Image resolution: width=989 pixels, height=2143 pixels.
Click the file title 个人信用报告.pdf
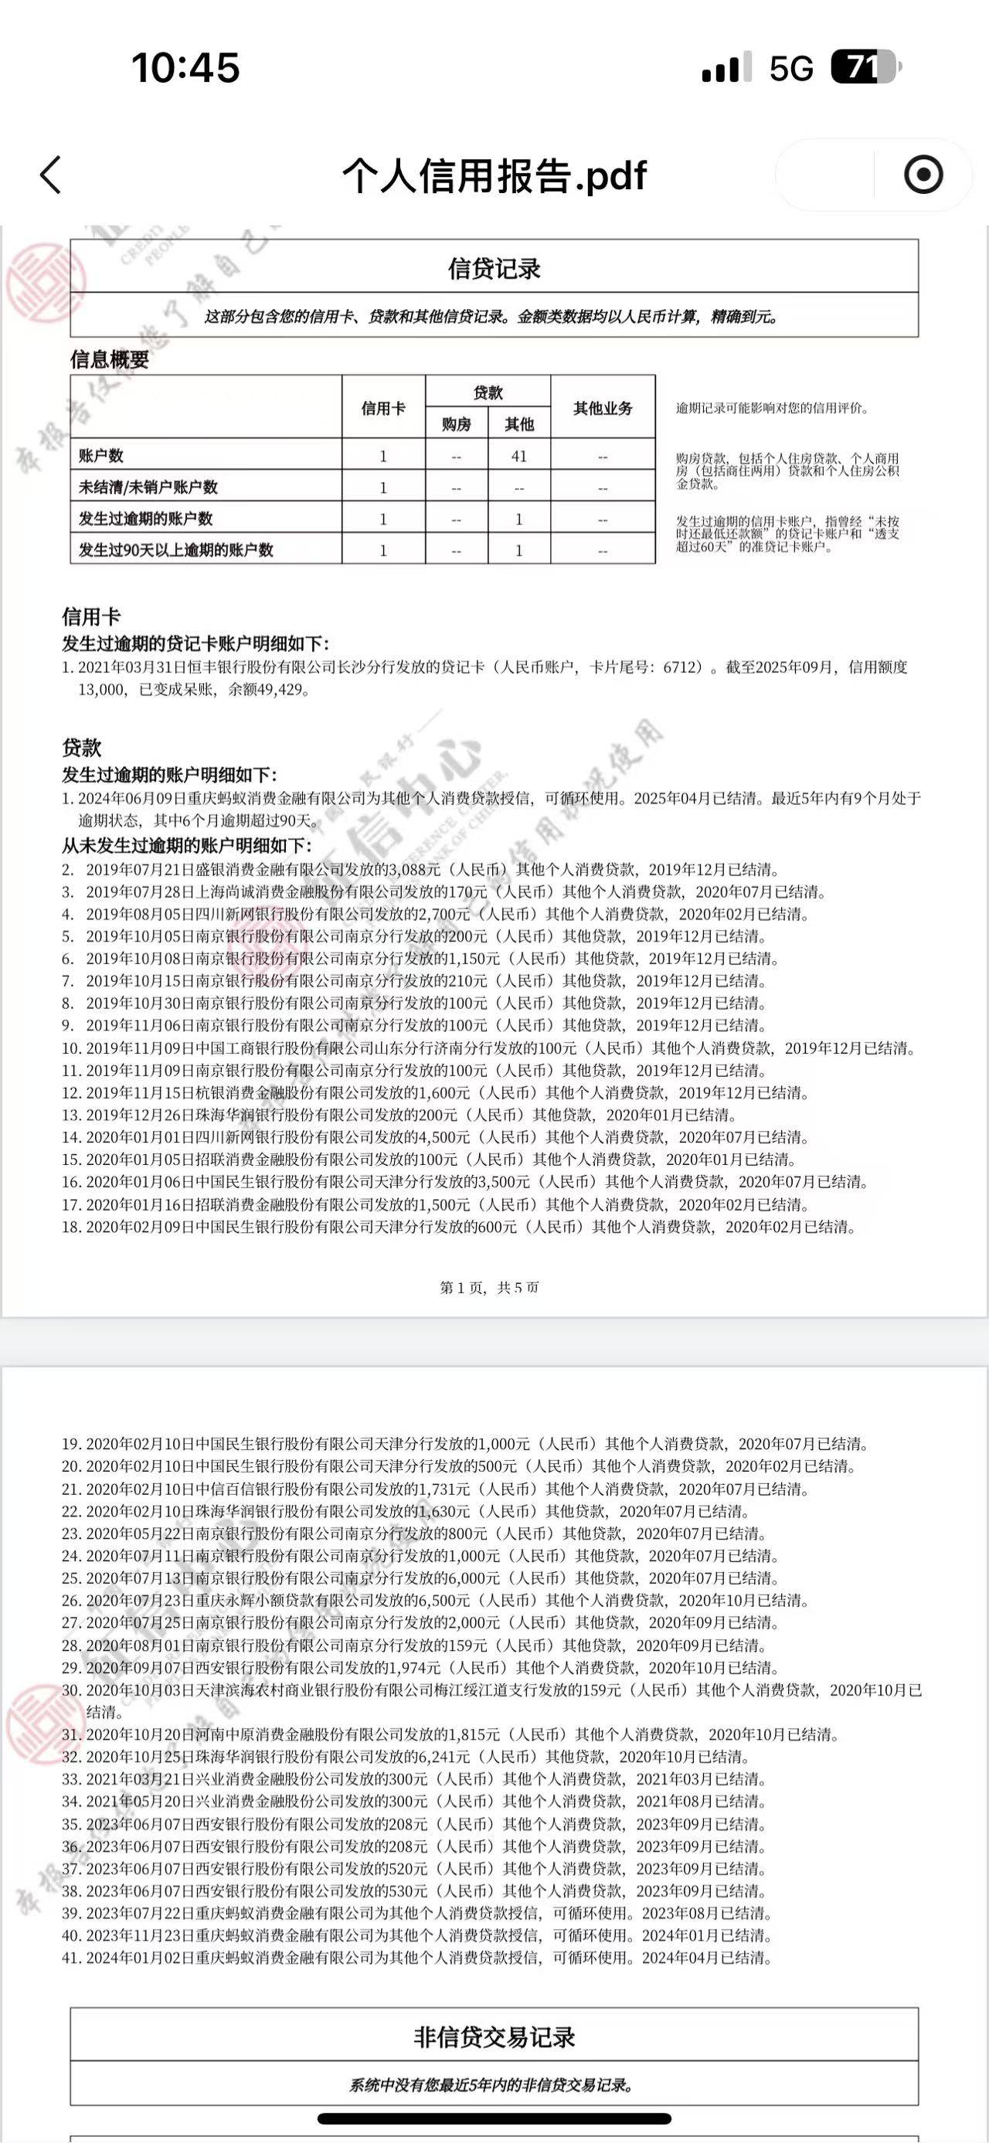tap(494, 175)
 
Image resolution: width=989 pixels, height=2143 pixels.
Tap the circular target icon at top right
tap(923, 175)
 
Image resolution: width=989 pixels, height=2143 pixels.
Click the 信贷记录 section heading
tap(494, 269)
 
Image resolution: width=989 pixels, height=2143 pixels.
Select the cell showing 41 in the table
tap(519, 456)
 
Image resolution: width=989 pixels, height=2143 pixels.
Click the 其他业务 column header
tap(602, 409)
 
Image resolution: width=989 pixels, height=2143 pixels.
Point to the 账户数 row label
tap(101, 456)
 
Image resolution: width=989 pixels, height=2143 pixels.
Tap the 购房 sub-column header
tap(456, 424)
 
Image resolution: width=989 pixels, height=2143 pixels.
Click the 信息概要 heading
tap(109, 359)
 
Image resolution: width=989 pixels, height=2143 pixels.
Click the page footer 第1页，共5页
tap(489, 1288)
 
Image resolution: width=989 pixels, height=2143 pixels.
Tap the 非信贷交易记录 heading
tap(494, 2037)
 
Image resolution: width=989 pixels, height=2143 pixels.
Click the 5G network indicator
tap(790, 68)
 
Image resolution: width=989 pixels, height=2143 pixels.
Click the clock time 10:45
tap(185, 68)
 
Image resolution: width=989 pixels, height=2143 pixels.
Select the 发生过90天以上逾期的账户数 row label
tap(175, 550)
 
